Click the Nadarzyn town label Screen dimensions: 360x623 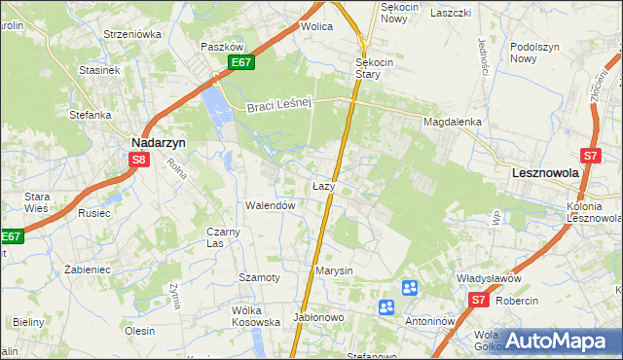[159, 141]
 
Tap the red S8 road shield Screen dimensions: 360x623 [139, 161]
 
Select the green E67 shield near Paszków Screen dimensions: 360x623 [242, 62]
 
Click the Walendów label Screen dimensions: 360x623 [270, 206]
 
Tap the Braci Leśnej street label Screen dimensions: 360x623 [277, 105]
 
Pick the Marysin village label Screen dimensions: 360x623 [334, 270]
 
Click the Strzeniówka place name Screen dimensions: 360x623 [132, 34]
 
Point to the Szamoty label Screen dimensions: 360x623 [260, 278]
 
